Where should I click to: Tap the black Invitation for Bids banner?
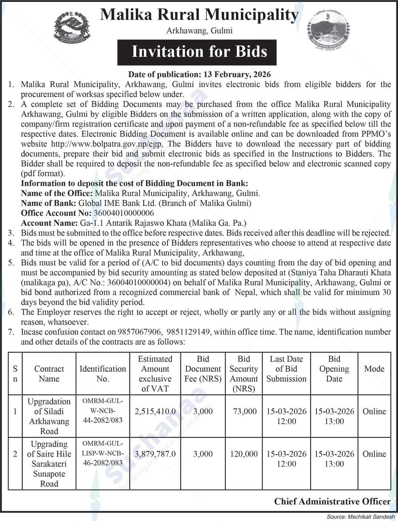point(197,52)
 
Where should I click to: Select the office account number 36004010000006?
point(123,213)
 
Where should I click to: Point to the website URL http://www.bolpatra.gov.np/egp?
point(107,144)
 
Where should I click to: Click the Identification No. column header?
point(103,374)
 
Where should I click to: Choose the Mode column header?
point(374,369)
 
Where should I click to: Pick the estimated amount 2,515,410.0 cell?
point(155,412)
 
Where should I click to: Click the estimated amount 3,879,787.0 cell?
point(155,454)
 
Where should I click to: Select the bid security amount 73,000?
point(245,412)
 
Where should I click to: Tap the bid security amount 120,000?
point(244,454)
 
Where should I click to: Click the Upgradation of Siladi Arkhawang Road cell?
point(49,416)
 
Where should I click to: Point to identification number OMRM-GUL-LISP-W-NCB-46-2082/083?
point(103,454)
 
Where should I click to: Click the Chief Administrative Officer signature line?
point(332,502)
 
